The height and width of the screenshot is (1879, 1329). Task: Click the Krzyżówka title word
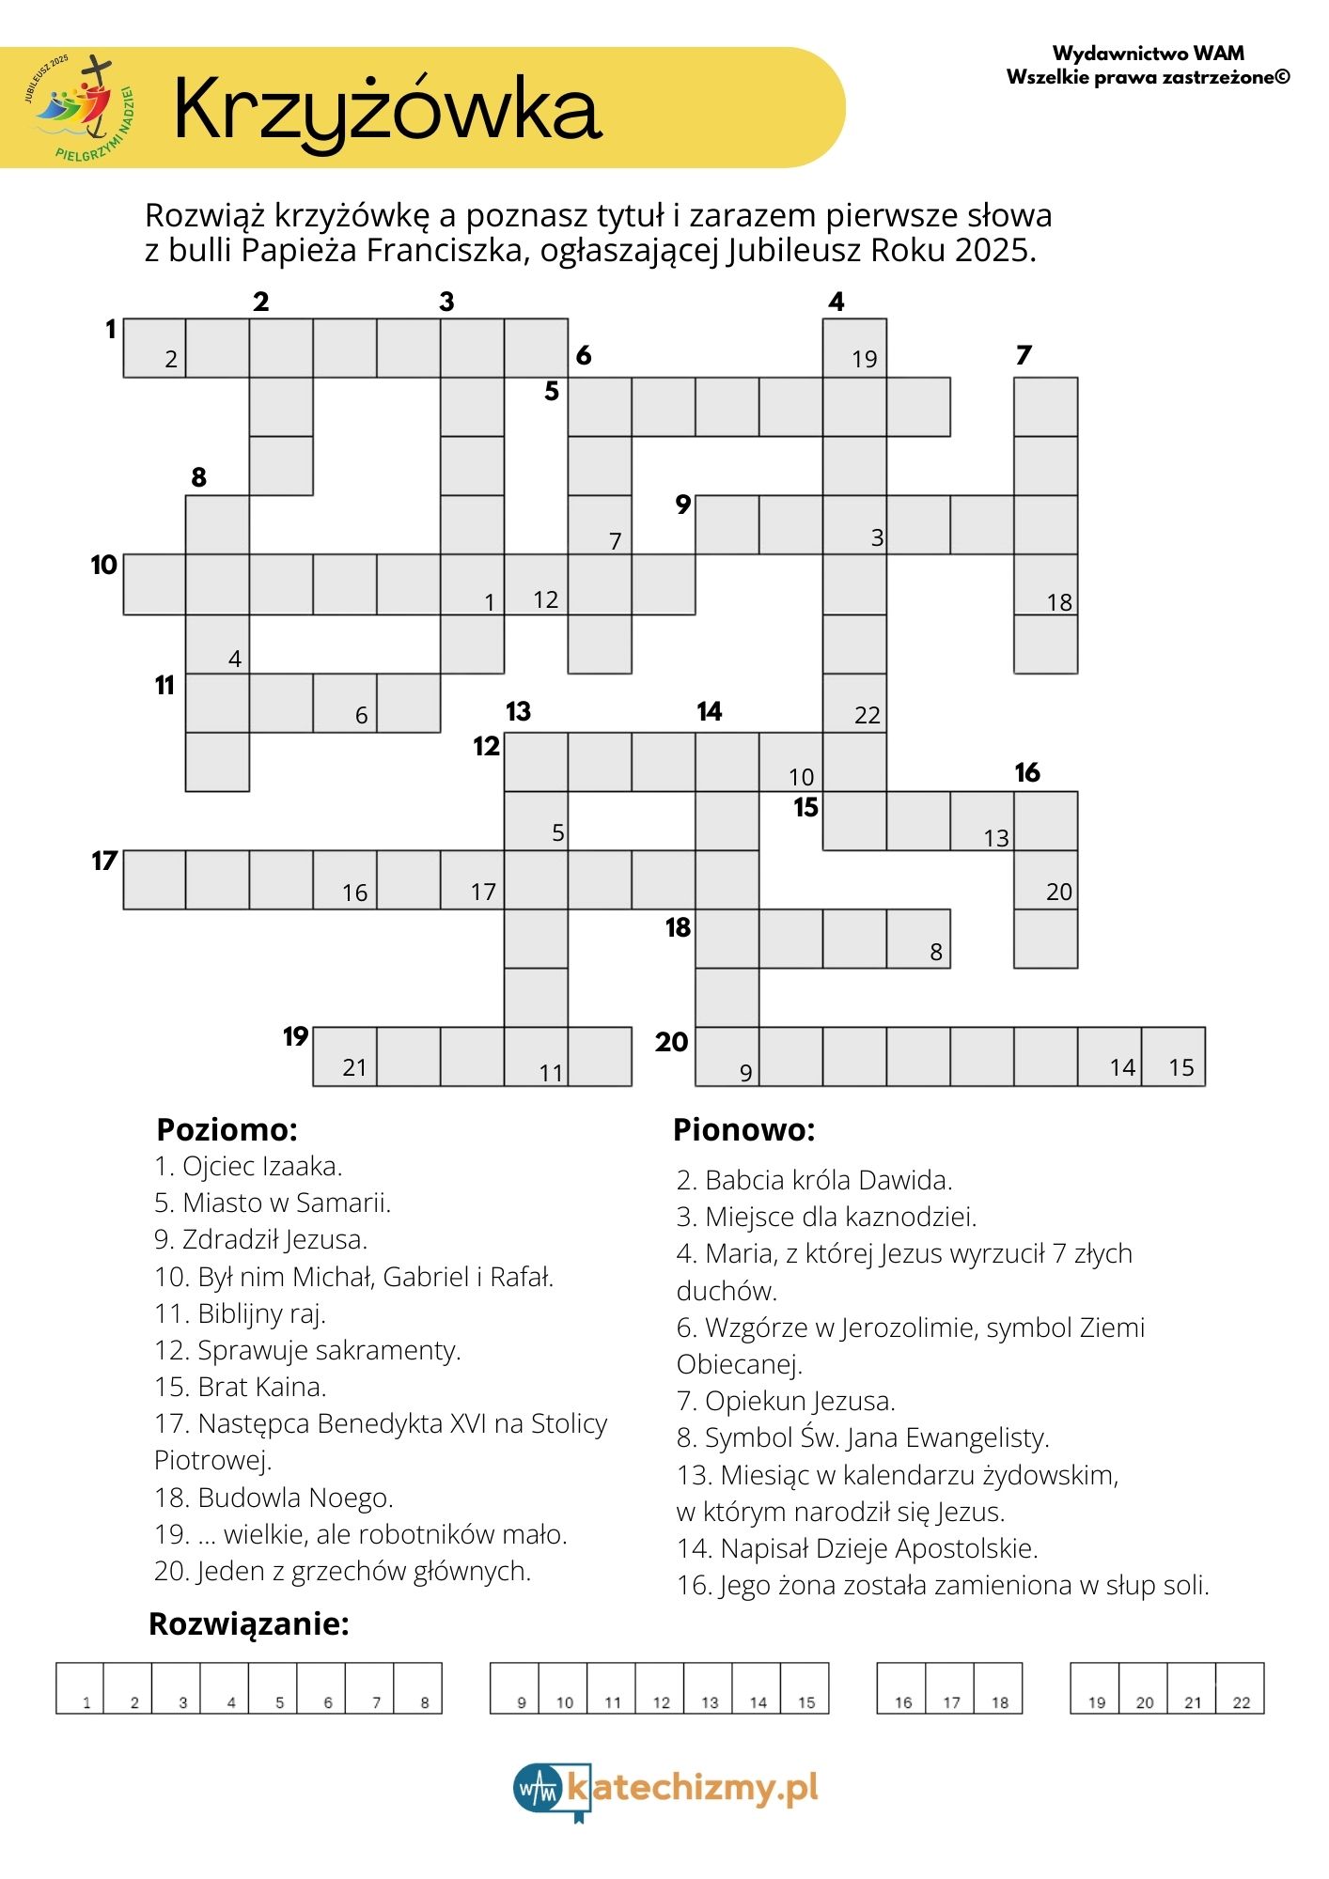386,110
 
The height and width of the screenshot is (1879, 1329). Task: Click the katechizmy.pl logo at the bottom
665,1788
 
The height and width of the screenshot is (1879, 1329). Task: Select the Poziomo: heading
227,1129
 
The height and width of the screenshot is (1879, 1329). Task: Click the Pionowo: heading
743,1129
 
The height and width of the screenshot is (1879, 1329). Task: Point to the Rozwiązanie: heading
249,1623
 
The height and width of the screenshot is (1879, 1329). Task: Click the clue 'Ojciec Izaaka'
248,1166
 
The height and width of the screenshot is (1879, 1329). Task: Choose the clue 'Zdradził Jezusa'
260,1239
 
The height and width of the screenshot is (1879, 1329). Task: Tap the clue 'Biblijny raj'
240,1313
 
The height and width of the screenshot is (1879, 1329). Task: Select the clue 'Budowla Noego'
274,1497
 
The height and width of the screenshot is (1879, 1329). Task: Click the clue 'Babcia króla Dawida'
814,1180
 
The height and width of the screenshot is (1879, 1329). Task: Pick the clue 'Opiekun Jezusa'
786,1401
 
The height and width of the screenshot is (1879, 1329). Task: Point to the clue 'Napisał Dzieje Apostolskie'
857,1548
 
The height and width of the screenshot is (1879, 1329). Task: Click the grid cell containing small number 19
854,349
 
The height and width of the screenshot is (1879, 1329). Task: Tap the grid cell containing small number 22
854,704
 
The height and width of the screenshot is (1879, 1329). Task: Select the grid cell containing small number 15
1173,1057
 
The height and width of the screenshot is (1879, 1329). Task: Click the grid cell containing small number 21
345,1057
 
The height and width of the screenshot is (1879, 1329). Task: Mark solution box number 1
80,1688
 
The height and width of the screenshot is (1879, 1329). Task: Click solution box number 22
1240,1688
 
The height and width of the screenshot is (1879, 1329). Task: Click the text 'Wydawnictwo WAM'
1148,54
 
